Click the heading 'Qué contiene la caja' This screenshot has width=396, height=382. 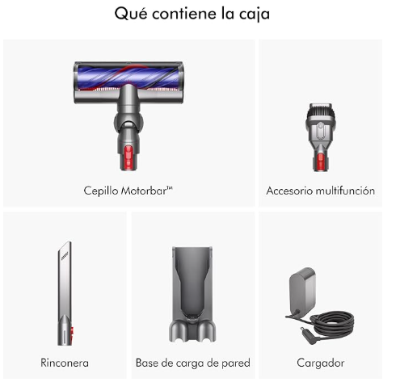coord(192,14)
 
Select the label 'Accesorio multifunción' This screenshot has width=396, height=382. coord(320,191)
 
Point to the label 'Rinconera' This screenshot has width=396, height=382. coord(65,363)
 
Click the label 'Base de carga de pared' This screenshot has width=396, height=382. coord(193,363)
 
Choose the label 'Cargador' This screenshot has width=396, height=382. coord(321,363)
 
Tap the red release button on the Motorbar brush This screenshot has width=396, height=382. coord(128,157)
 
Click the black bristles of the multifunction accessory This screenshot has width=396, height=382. coord(320,110)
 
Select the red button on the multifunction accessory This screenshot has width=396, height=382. coord(320,162)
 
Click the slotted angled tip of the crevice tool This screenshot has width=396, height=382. coord(65,252)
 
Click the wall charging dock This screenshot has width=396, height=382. coord(192,294)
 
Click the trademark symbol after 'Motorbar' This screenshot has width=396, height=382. coord(170,188)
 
